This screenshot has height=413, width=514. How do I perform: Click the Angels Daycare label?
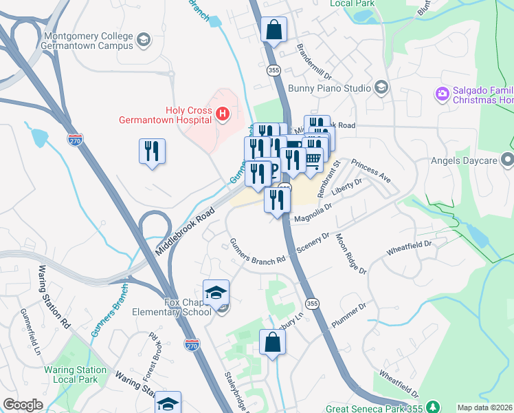point(468,160)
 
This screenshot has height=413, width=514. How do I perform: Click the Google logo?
point(23,405)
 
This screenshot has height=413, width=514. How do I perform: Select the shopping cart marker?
point(313,159)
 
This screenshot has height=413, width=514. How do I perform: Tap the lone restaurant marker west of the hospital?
point(152,151)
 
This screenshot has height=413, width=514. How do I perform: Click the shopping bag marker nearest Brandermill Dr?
point(273,30)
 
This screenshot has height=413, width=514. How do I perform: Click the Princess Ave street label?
point(370,171)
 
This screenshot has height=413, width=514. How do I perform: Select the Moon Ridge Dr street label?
point(350,254)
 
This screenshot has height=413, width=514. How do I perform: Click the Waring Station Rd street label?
point(54,295)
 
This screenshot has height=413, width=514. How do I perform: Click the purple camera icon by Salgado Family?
point(442,93)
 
